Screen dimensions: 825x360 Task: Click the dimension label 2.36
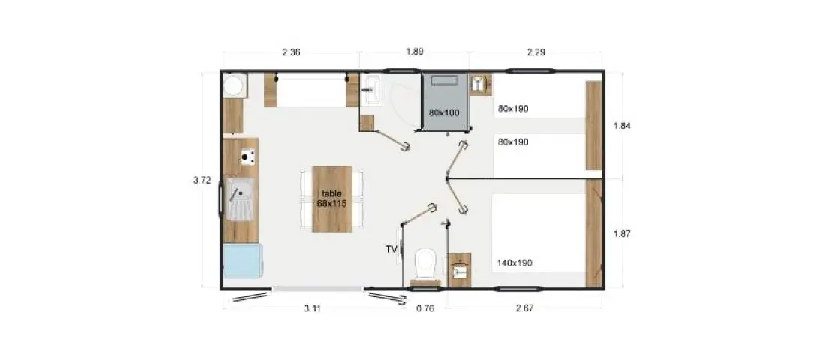(x=291, y=52)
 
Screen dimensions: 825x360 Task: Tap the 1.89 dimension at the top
(x=415, y=52)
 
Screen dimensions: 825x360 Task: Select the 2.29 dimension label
(x=535, y=52)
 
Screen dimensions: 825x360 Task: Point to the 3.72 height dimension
(x=202, y=180)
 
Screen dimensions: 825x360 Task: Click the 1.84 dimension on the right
(x=622, y=126)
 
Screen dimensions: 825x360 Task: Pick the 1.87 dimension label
(x=622, y=234)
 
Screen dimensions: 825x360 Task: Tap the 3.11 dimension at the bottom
(x=313, y=308)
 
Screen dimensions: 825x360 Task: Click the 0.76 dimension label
(x=425, y=308)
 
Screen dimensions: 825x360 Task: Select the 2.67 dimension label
(x=525, y=308)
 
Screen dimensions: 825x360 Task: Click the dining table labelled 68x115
(x=332, y=199)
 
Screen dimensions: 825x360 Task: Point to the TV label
(x=391, y=250)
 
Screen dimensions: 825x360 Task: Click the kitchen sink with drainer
(x=241, y=199)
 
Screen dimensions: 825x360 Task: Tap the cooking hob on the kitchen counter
(x=247, y=156)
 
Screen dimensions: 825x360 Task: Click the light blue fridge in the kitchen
(x=241, y=260)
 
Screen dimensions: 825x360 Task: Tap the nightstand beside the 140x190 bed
(x=459, y=269)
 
